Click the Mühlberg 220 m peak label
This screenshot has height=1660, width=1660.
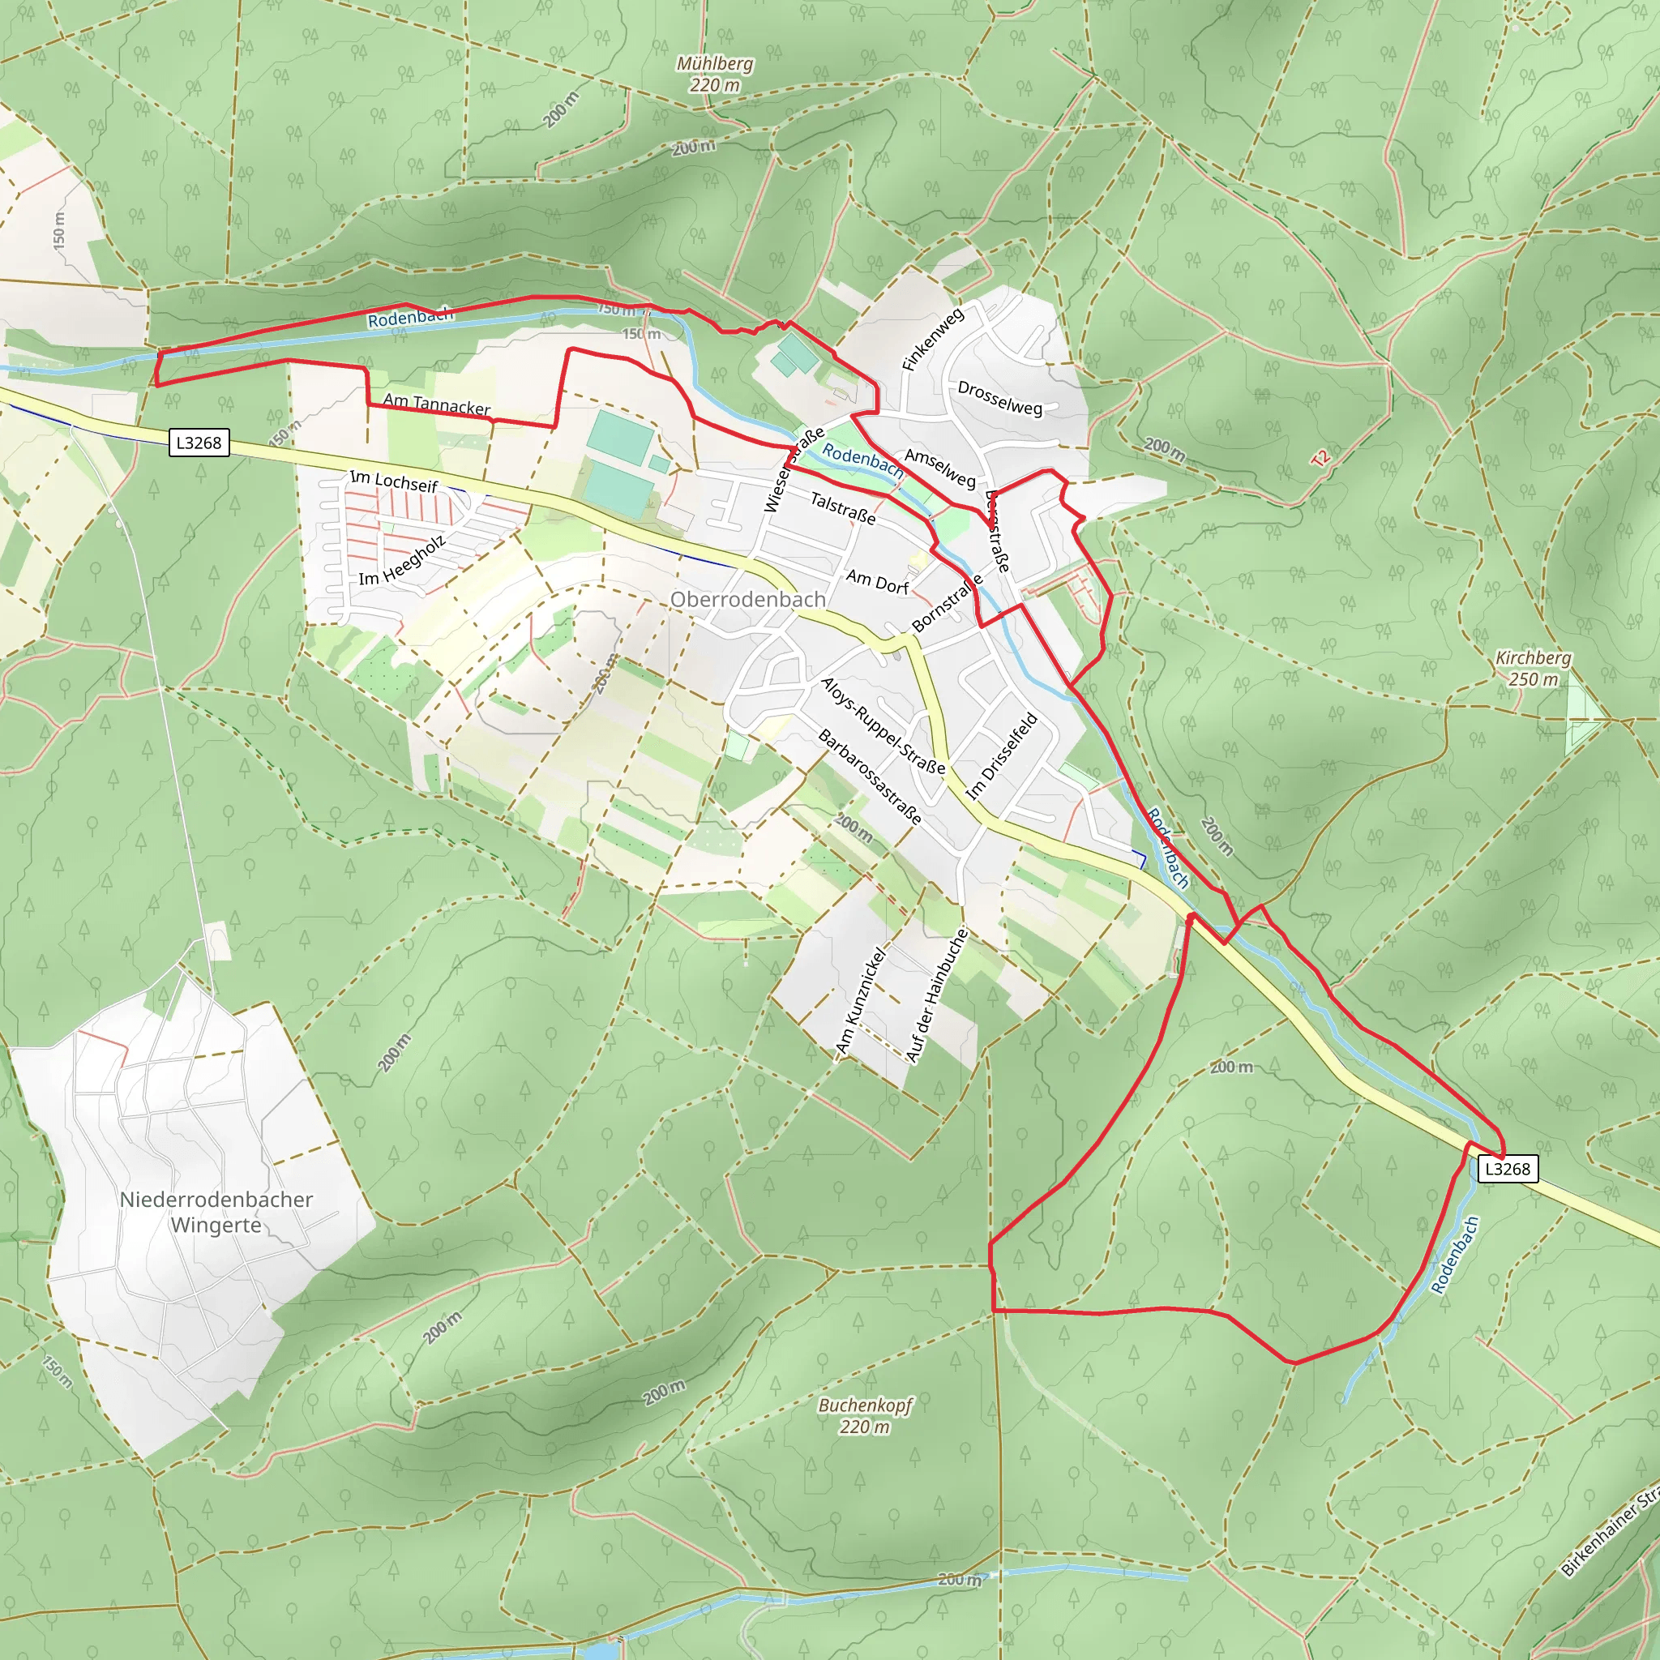tap(714, 74)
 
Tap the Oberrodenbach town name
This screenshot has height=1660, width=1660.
tap(747, 599)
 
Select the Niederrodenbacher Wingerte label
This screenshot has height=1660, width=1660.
tap(216, 1212)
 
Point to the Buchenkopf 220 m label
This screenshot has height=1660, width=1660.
tap(864, 1415)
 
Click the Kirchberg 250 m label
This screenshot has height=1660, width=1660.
tap(1534, 668)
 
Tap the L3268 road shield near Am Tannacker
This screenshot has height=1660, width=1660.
tap(199, 443)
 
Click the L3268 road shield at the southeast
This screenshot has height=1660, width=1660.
tap(1507, 1169)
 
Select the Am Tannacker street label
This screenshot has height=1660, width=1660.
tap(437, 404)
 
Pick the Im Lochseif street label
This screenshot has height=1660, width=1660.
tap(393, 481)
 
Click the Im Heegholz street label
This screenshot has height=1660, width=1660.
tap(402, 561)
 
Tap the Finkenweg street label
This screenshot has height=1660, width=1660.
tap(932, 340)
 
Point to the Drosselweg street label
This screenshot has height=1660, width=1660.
tap(999, 398)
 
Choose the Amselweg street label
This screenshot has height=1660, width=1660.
tap(940, 468)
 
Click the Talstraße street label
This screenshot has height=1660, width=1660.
tap(843, 507)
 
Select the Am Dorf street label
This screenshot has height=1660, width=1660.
tap(877, 582)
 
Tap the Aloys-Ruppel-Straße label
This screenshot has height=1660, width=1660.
tap(883, 725)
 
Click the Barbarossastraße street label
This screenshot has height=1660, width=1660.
tap(870, 777)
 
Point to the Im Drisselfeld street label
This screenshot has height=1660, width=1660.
tap(1002, 756)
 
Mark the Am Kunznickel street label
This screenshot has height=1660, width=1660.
tap(860, 1001)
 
